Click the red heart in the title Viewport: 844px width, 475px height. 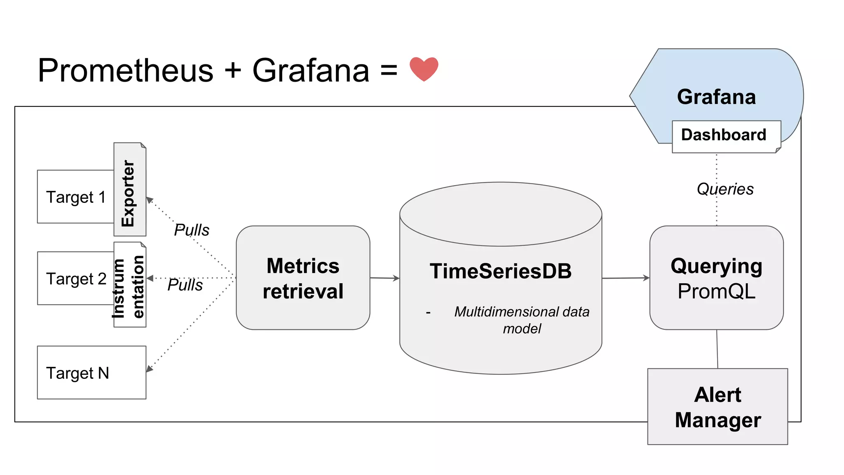[424, 69]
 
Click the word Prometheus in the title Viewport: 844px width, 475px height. [125, 71]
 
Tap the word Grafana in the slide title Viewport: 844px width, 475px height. [311, 71]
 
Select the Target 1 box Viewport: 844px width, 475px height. [76, 197]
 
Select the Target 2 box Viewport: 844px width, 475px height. [76, 279]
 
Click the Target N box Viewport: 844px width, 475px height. [91, 373]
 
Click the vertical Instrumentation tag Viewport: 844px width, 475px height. [129, 287]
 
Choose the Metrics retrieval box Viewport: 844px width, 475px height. [303, 278]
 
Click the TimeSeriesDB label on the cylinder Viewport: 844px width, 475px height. [500, 271]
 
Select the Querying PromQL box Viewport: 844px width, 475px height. [716, 278]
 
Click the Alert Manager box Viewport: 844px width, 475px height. [717, 407]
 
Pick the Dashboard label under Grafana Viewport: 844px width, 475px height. [724, 135]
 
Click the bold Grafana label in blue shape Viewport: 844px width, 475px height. [716, 97]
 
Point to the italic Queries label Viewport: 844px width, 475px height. [725, 189]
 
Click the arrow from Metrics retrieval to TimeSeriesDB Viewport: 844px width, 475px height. [384, 278]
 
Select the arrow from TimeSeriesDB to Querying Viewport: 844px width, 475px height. [626, 278]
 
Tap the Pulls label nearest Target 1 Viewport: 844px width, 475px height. [192, 230]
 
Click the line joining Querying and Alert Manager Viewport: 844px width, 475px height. [717, 349]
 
